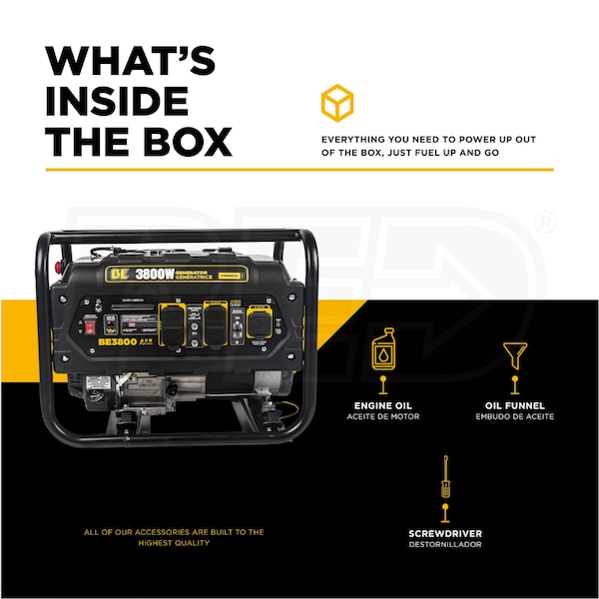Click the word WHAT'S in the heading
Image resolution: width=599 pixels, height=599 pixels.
[x=130, y=62]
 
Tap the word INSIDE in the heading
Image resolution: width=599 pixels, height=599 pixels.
[x=117, y=102]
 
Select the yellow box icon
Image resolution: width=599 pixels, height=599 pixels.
[x=336, y=103]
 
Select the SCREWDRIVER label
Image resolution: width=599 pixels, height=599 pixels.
[x=444, y=533]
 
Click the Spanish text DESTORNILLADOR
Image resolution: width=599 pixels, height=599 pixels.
[x=444, y=544]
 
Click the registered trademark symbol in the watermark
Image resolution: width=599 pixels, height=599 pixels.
[x=545, y=222]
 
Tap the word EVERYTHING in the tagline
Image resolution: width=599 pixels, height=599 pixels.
[x=355, y=139]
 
